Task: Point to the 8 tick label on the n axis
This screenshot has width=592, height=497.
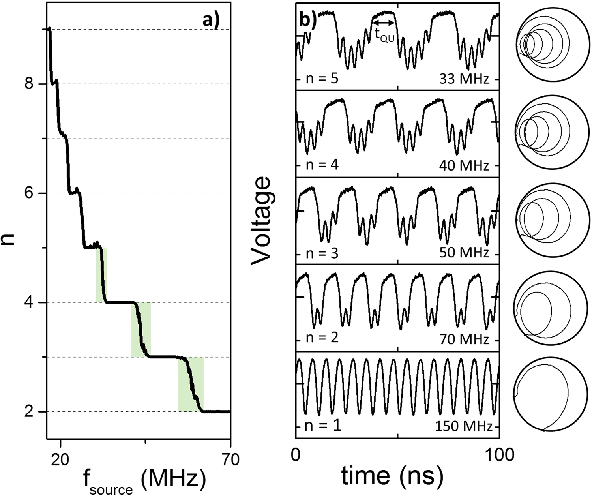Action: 29,84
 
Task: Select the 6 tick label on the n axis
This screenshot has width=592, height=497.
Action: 29,193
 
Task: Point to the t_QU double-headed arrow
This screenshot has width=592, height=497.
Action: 384,23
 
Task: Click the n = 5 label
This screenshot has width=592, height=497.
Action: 322,78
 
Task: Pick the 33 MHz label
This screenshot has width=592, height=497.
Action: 464,79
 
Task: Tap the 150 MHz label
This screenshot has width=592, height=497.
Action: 464,427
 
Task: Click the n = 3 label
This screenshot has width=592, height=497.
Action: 322,253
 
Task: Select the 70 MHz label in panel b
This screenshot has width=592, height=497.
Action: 464,339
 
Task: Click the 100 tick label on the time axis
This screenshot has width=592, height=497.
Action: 499,455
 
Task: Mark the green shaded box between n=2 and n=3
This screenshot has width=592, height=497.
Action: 191,384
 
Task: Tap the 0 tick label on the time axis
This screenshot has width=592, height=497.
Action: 296,455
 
